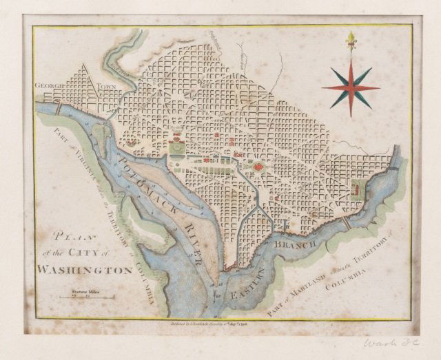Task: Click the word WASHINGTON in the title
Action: tap(85, 271)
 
